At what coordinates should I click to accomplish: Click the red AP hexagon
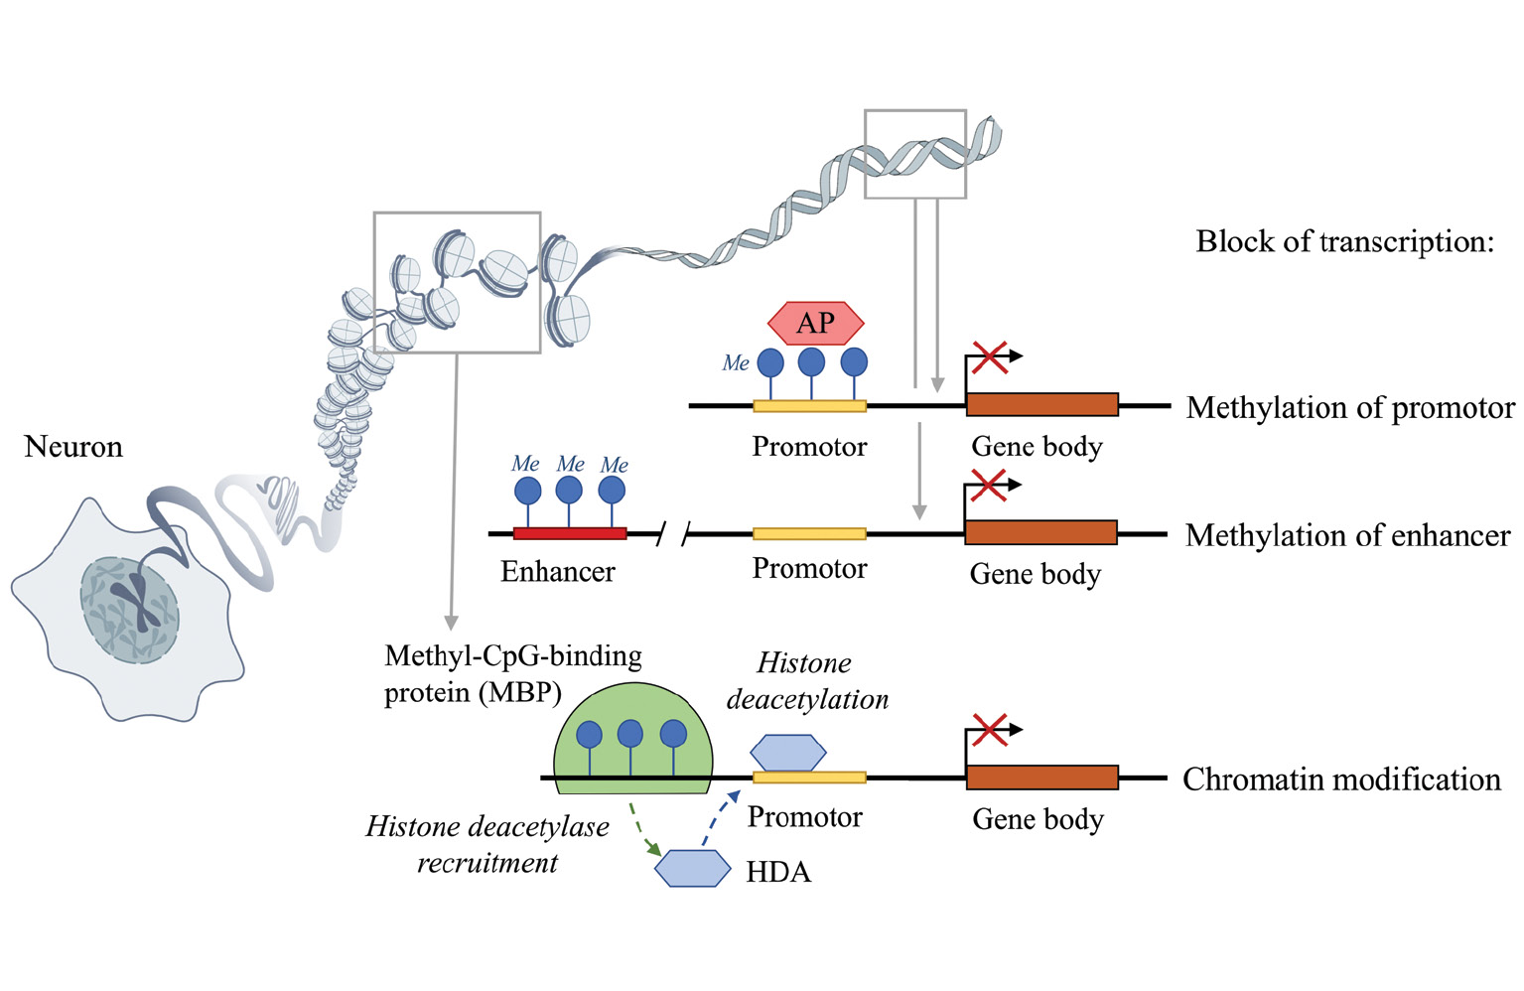point(815,323)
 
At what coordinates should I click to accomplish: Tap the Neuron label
point(73,447)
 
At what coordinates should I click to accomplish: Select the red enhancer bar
point(570,533)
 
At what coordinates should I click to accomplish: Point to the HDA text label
point(778,872)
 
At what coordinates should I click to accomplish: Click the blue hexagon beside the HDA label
point(692,868)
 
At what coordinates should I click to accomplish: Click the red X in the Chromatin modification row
point(989,730)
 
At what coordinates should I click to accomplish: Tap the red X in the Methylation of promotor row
point(989,356)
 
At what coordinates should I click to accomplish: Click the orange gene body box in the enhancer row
point(1040,532)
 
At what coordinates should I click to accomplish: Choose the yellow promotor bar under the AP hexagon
point(809,405)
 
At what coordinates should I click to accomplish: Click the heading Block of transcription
point(1344,241)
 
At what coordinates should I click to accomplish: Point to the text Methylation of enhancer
point(1347,536)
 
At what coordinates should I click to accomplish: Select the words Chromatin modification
point(1341,779)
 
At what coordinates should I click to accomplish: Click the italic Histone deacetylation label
point(806,681)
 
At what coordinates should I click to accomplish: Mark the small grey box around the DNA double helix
point(914,154)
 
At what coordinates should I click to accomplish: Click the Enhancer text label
point(557,572)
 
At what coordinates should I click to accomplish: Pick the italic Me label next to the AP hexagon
point(736,363)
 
